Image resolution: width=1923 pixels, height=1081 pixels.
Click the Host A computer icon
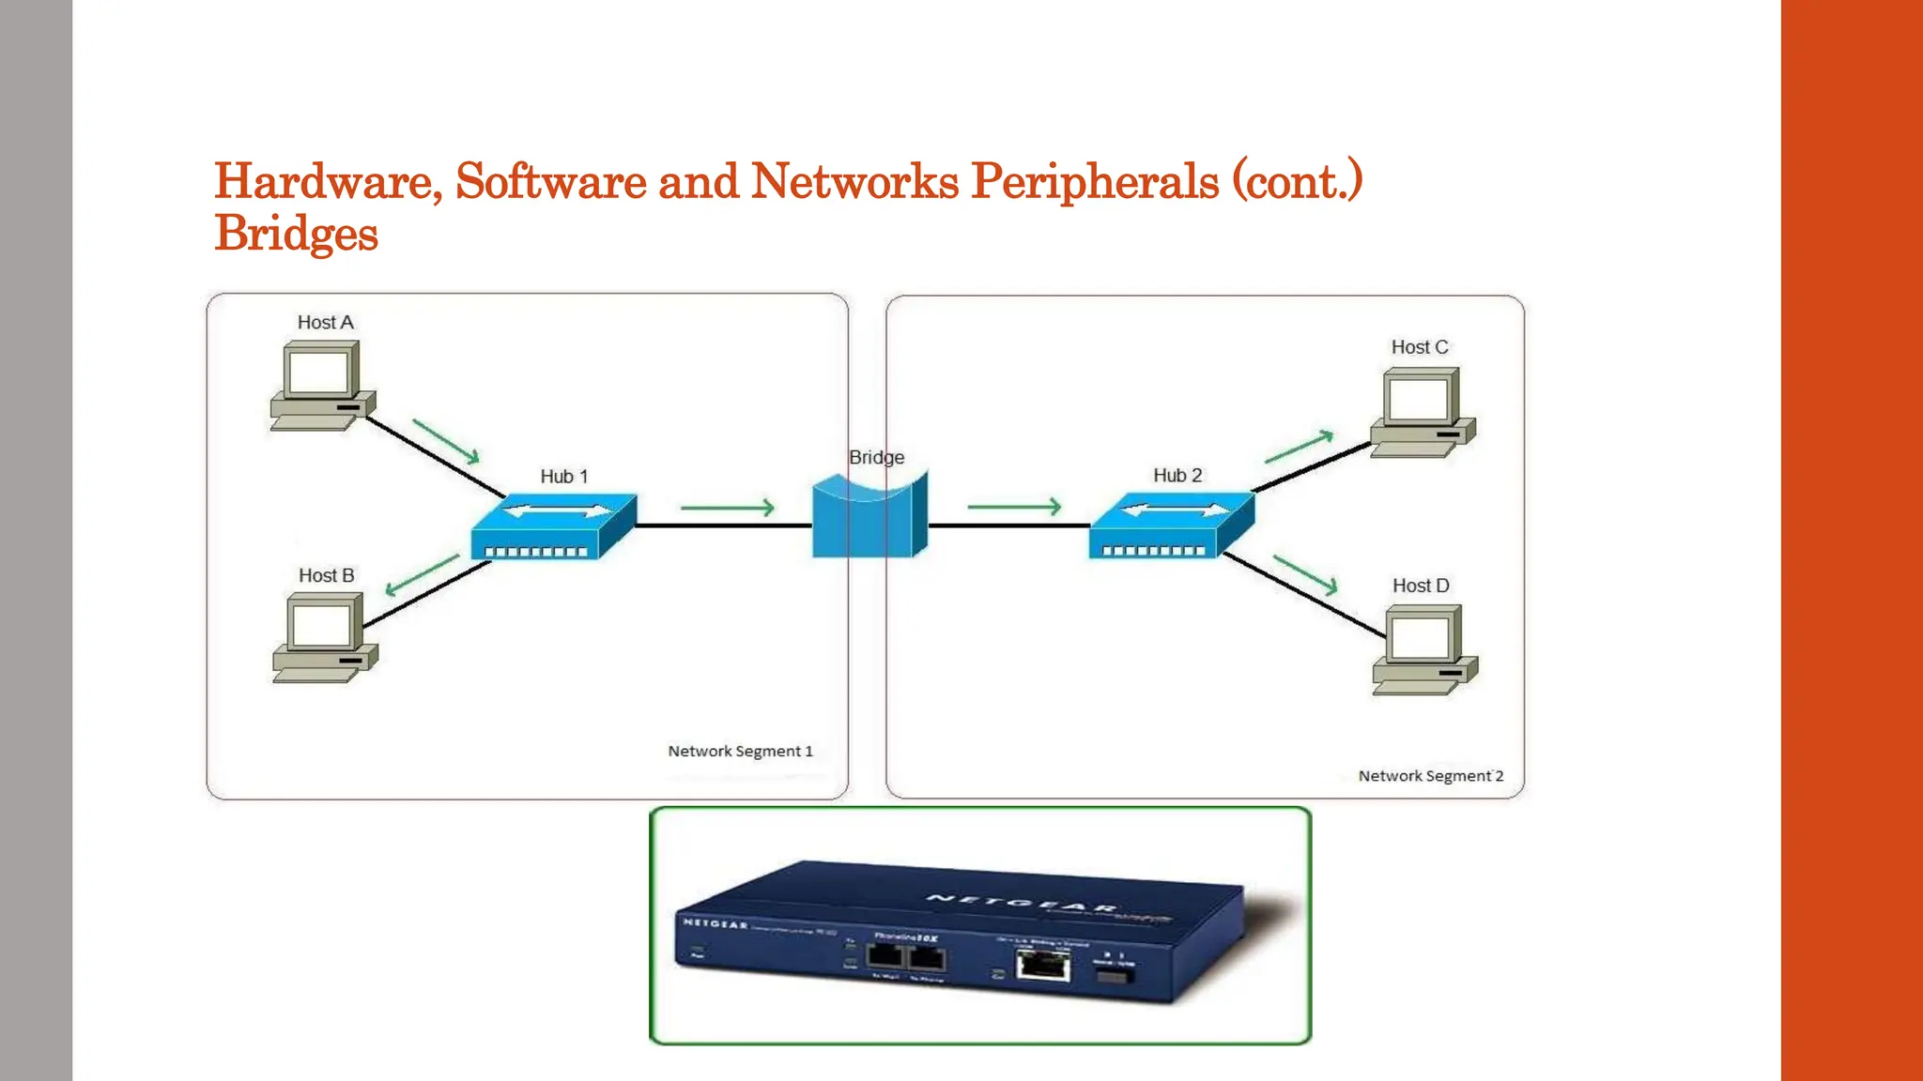click(322, 386)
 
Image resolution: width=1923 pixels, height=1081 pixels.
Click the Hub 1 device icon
click(554, 527)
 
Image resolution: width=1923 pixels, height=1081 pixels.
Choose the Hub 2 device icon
click(1171, 526)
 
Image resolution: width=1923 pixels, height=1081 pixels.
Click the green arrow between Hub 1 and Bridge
click(728, 508)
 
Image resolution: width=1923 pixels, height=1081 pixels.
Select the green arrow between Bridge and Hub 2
click(1014, 507)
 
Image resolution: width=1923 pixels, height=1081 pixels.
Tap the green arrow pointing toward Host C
click(1299, 448)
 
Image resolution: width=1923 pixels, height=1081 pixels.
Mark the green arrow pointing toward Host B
click(423, 575)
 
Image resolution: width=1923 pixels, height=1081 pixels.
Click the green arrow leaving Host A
click(447, 441)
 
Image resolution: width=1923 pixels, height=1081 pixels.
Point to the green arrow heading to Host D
click(1305, 574)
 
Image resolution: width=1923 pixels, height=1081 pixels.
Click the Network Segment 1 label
click(740, 752)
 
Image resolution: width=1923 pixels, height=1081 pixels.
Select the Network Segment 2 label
click(1430, 776)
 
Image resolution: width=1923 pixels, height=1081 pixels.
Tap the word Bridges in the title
click(296, 234)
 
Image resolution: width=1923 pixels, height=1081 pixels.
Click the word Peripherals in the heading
click(1094, 181)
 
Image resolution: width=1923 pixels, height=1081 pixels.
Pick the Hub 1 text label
click(564, 477)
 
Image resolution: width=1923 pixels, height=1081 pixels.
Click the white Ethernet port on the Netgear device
click(1043, 965)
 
